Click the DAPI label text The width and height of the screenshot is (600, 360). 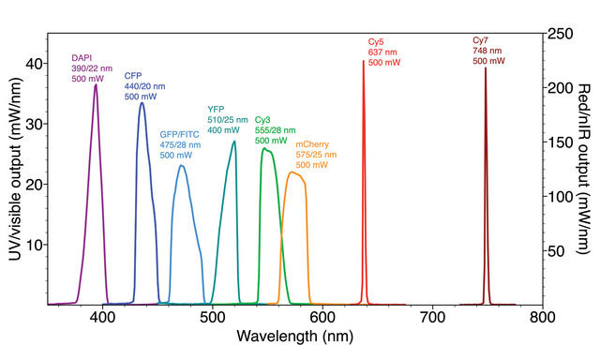pyautogui.click(x=82, y=58)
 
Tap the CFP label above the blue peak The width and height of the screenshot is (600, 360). pyautogui.click(x=133, y=76)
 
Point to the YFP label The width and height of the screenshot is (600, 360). pyautogui.click(x=216, y=109)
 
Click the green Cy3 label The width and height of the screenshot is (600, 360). pyautogui.click(x=263, y=121)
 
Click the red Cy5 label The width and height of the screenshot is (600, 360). pyautogui.click(x=375, y=42)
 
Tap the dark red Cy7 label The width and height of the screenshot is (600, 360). pyautogui.click(x=480, y=41)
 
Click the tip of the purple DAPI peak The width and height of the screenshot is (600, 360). pyautogui.click(x=96, y=84)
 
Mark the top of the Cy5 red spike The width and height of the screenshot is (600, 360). pyautogui.click(x=364, y=61)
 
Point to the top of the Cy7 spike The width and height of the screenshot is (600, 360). pyautogui.click(x=485, y=67)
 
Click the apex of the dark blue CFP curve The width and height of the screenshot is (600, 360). pyautogui.click(x=142, y=102)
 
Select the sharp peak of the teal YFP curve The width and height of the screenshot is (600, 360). pyautogui.click(x=234, y=141)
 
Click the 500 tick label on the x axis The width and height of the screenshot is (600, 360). pyautogui.click(x=213, y=318)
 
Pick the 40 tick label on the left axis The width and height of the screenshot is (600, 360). pyautogui.click(x=34, y=63)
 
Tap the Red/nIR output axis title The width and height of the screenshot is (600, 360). pyautogui.click(x=587, y=171)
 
